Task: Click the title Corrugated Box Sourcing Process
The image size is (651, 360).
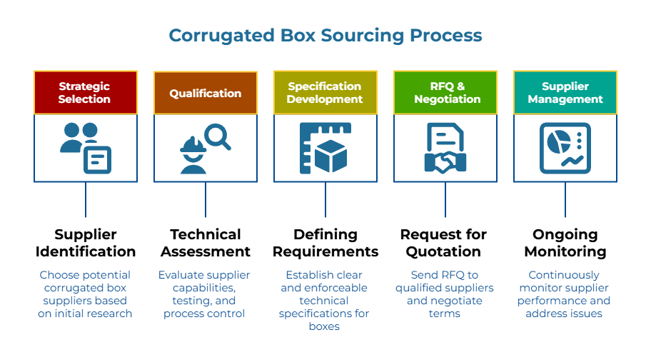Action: pyautogui.click(x=325, y=35)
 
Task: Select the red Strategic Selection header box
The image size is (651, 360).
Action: pyautogui.click(x=85, y=93)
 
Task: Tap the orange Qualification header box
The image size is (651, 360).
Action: pyautogui.click(x=205, y=93)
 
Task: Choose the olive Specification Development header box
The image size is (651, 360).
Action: pyautogui.click(x=325, y=93)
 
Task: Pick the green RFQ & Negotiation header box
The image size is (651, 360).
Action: pyautogui.click(x=445, y=93)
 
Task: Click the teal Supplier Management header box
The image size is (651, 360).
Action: pyautogui.click(x=565, y=93)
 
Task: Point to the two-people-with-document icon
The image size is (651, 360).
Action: pyautogui.click(x=85, y=148)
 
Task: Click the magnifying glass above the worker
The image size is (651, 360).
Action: pyautogui.click(x=217, y=136)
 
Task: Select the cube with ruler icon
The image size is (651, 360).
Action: pyautogui.click(x=325, y=148)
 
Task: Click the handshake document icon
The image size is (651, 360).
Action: pyautogui.click(x=445, y=148)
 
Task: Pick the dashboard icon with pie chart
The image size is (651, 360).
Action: pyautogui.click(x=565, y=148)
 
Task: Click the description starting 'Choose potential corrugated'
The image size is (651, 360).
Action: pyautogui.click(x=85, y=294)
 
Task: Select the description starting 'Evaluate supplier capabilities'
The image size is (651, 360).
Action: pyautogui.click(x=205, y=294)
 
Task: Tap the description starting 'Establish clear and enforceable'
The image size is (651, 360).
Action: pyautogui.click(x=325, y=300)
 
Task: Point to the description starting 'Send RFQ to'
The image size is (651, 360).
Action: pyautogui.click(x=445, y=294)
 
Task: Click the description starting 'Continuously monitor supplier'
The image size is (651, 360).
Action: pyautogui.click(x=565, y=294)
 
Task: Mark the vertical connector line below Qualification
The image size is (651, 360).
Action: pyautogui.click(x=206, y=200)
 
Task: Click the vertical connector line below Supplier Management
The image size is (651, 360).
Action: pyautogui.click(x=565, y=200)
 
